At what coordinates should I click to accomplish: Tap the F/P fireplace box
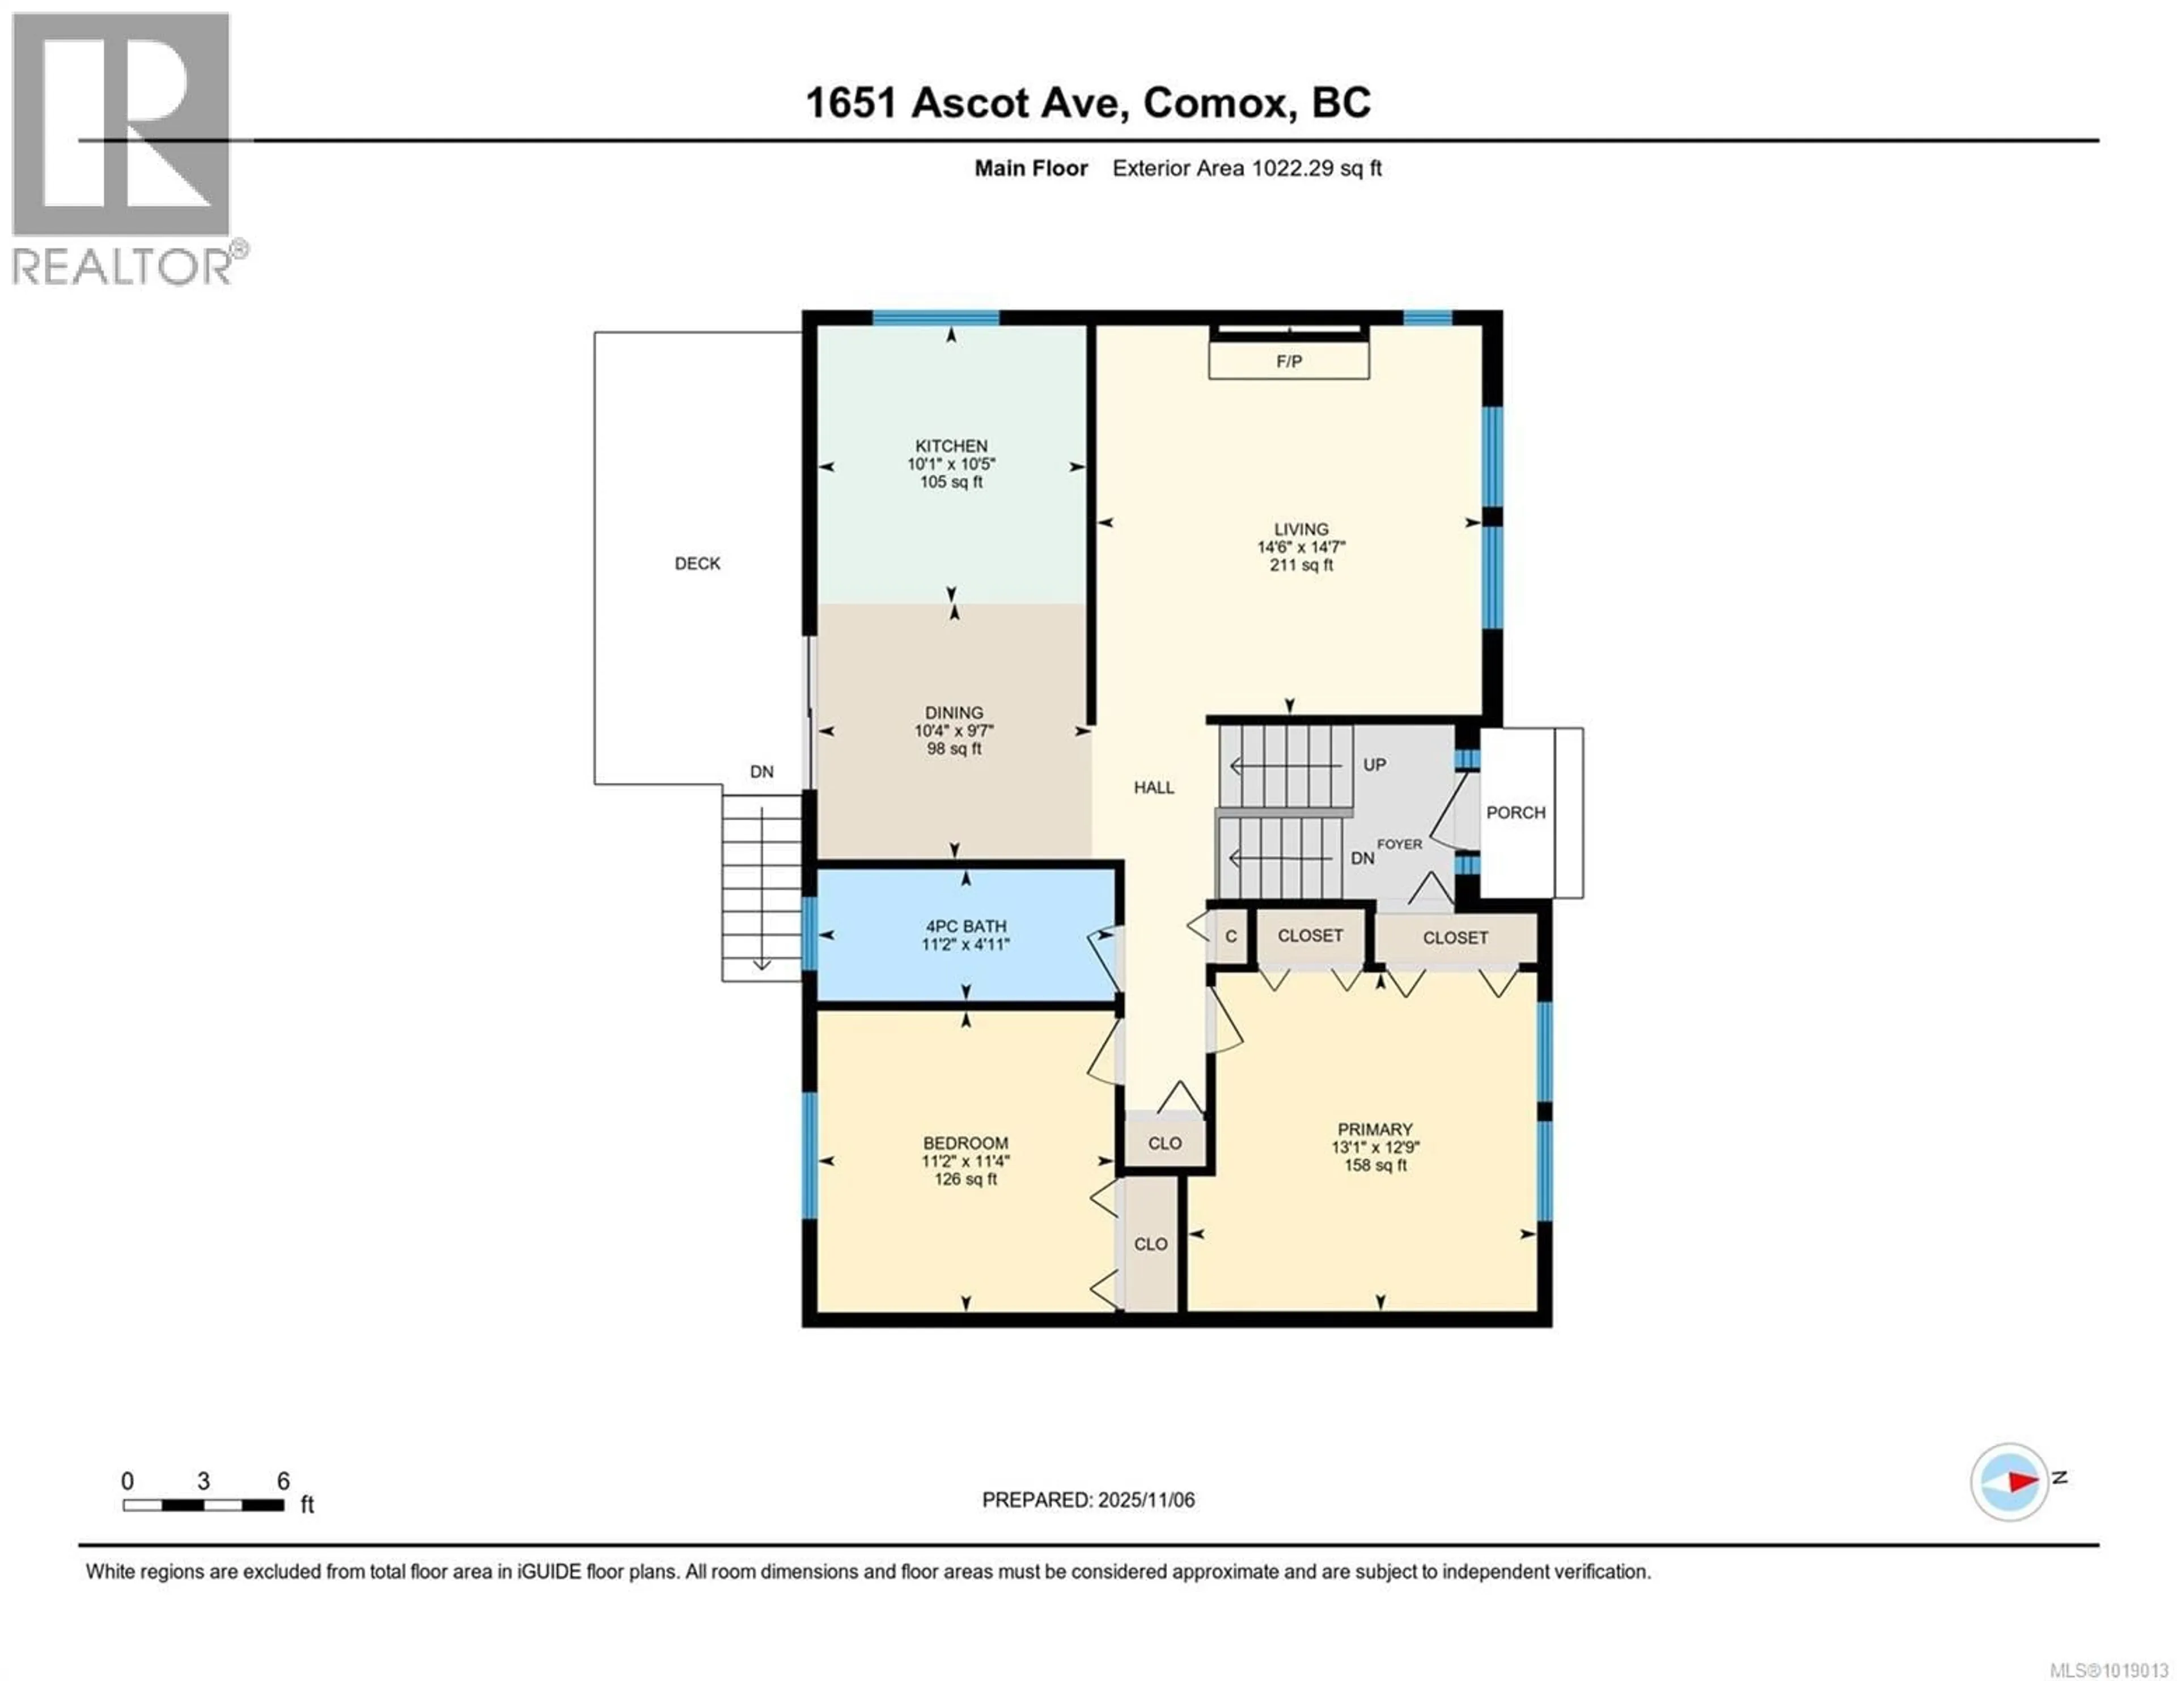[x=1288, y=361]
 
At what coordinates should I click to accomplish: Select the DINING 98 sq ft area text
[x=954, y=748]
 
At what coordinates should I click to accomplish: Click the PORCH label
[x=1515, y=812]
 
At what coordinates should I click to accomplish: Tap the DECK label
[x=697, y=563]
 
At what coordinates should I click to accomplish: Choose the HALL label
[x=1153, y=787]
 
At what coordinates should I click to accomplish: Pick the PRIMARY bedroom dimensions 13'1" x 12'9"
[x=1375, y=1147]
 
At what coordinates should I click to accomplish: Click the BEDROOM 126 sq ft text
[x=965, y=1179]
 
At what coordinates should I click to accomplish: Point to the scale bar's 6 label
[x=283, y=1480]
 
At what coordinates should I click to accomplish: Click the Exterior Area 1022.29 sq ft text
[x=1246, y=168]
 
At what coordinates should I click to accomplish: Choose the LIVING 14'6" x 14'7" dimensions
[x=1301, y=547]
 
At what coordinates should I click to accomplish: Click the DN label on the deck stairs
[x=761, y=771]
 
